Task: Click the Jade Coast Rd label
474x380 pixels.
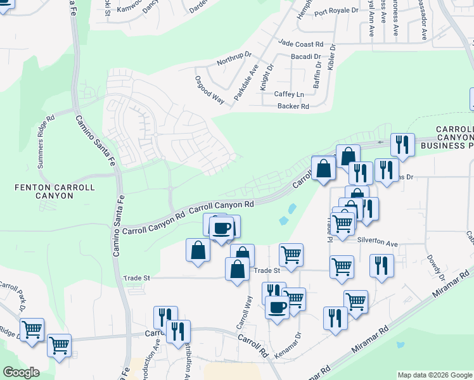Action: coord(300,44)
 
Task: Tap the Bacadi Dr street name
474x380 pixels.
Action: coord(306,57)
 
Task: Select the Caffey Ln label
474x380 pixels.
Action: coord(289,94)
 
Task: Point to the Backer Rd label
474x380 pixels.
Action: coord(293,106)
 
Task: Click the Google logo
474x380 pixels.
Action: coord(20,372)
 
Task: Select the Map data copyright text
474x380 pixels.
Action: coord(433,375)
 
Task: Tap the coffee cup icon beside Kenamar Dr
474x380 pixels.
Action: coord(276,307)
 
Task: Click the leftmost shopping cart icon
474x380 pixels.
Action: coord(32,329)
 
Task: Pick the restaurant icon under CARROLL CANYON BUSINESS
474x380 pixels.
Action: coord(402,145)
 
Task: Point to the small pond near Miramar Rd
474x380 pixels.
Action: coord(399,346)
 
